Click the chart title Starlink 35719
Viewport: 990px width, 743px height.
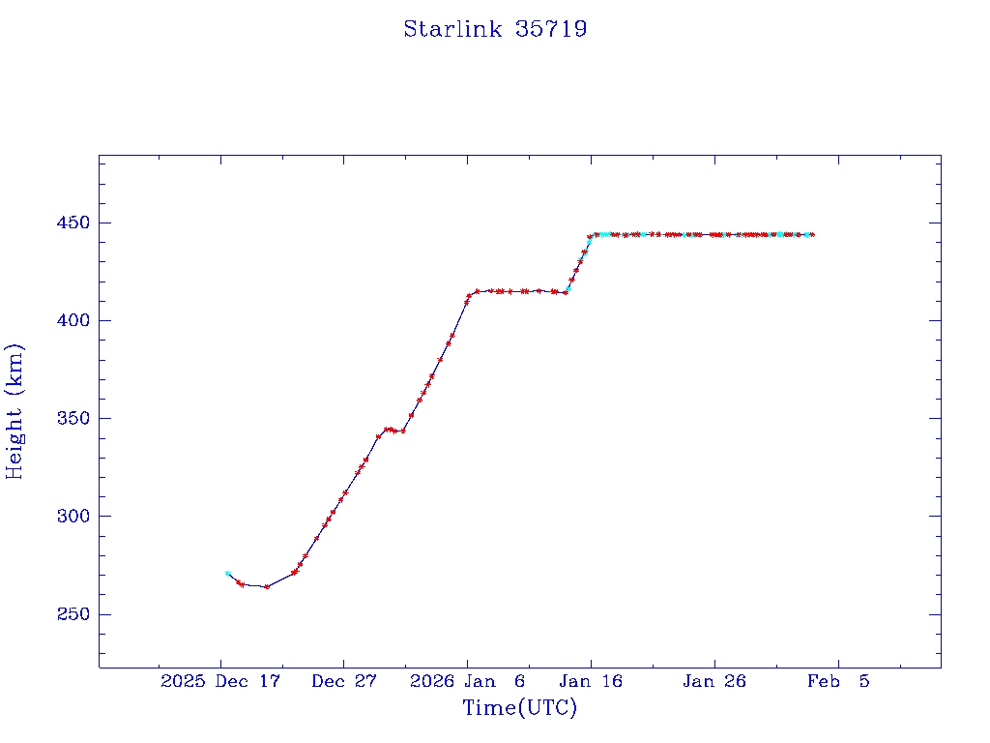[495, 29]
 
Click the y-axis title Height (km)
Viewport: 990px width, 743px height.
[15, 411]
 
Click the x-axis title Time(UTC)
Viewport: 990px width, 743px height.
[519, 708]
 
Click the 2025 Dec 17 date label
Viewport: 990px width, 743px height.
[220, 681]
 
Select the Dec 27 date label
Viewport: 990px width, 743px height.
[343, 681]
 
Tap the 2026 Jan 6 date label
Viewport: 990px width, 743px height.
[468, 681]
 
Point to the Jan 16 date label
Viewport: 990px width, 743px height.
[590, 681]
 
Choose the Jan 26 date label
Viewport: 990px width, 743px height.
[714, 681]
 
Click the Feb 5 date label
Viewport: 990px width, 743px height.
[838, 681]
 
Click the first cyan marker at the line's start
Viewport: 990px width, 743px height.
[227, 574]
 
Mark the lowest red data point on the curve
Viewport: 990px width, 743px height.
[267, 586]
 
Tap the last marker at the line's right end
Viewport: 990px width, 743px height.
[812, 234]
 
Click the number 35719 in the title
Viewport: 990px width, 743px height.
[552, 29]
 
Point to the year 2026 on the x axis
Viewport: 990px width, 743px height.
[431, 681]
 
